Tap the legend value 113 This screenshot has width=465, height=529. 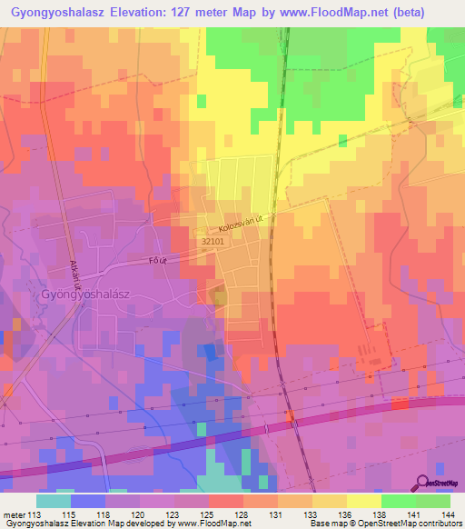[36, 514]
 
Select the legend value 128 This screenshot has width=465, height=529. [242, 514]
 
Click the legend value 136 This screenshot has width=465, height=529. [346, 514]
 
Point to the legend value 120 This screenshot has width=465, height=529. [140, 514]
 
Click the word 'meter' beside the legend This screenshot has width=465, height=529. [15, 514]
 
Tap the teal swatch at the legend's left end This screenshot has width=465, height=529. [54, 501]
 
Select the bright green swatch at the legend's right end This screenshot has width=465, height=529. [433, 501]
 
